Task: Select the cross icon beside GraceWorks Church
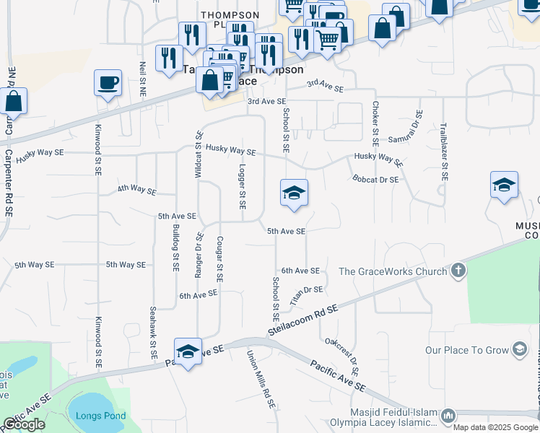click(x=457, y=271)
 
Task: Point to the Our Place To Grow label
click(x=466, y=350)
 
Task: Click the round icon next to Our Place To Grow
click(x=518, y=350)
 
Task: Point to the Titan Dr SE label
click(x=306, y=293)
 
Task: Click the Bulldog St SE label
click(x=175, y=248)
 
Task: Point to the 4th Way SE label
click(x=137, y=190)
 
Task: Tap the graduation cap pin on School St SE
click(x=294, y=193)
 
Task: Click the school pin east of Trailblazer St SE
click(x=504, y=185)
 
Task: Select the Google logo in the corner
click(x=24, y=424)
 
